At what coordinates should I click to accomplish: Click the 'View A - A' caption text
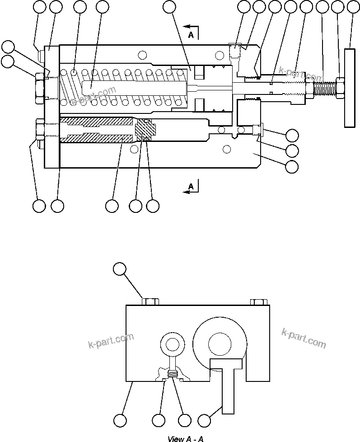click(x=186, y=438)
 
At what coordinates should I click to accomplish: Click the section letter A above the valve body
click(x=191, y=36)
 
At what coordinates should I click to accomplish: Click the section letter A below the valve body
click(x=191, y=186)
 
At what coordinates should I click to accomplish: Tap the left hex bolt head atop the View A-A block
click(x=150, y=301)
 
